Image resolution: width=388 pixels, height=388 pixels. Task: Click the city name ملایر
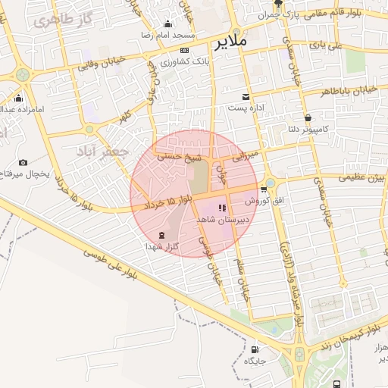pos(231,42)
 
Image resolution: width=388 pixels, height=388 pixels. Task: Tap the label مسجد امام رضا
pos(174,36)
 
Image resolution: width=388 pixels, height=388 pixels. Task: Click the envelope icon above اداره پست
pos(246,96)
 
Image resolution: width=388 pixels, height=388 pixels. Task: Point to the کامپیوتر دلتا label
pos(305,130)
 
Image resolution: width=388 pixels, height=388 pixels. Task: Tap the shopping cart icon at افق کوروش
pos(263,189)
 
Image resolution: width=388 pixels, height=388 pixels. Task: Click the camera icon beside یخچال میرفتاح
pos(23,162)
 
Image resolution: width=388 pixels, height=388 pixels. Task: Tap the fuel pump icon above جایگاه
pos(254,349)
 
